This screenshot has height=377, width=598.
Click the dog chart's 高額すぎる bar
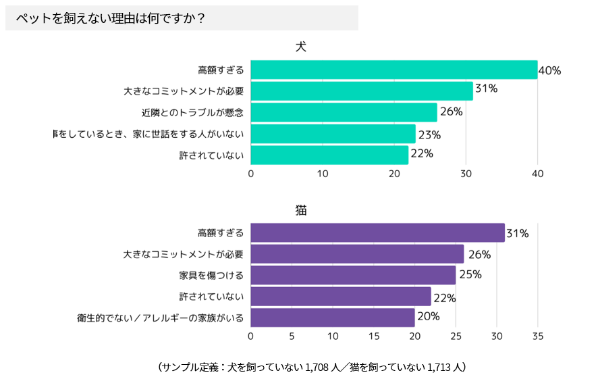[x=394, y=70]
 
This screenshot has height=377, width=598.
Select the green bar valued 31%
[x=362, y=91]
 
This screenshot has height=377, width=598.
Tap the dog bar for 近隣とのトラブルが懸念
[x=344, y=112]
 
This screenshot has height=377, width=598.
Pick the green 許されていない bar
[x=329, y=155]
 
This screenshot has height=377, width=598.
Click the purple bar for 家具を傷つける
[x=353, y=275]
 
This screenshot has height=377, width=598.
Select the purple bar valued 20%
[x=333, y=318]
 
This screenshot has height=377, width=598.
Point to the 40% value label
[x=549, y=70]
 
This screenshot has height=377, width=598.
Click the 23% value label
[x=429, y=134]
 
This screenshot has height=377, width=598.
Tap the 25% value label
[x=470, y=274]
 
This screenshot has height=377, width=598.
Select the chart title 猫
[x=301, y=210]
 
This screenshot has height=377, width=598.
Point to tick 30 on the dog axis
[x=466, y=174]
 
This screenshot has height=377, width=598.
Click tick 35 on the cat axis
[x=538, y=336]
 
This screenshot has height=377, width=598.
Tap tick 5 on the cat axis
[x=292, y=336]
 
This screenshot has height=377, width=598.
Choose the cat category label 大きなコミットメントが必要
[x=183, y=255]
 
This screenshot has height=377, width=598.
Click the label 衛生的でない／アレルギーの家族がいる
[x=160, y=318]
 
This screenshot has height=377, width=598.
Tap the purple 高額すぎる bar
[x=377, y=232]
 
